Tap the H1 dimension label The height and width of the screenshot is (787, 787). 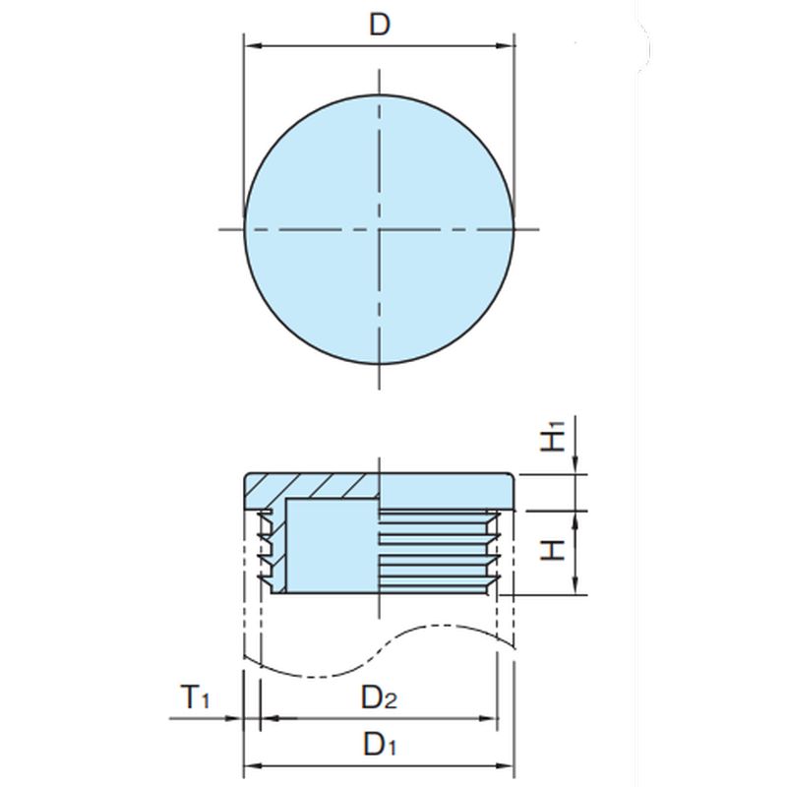point(553,436)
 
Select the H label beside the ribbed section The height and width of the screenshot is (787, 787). point(553,550)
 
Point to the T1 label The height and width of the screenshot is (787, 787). point(195,696)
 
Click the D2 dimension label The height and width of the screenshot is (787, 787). point(379,697)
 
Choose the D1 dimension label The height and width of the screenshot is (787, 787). point(380,744)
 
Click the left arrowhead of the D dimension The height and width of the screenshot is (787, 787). point(254,46)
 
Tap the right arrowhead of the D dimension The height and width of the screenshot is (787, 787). point(505,46)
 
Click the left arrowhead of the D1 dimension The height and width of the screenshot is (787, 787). point(253,766)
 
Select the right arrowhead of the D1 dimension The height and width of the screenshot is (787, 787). point(505,766)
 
